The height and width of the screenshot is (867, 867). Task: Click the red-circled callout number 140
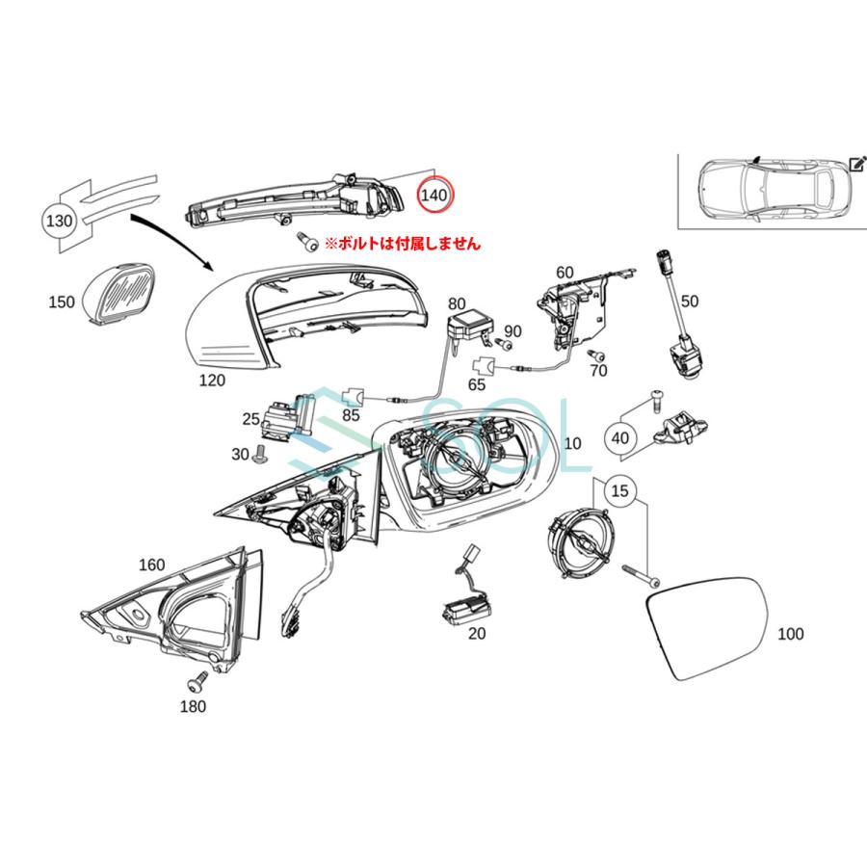click(433, 195)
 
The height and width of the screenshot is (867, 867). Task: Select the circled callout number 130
click(60, 221)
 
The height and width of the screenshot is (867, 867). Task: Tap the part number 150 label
click(61, 302)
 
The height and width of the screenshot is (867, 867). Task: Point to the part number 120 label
click(212, 381)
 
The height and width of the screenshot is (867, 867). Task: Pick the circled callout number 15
click(620, 491)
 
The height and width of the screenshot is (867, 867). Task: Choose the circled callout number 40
click(619, 438)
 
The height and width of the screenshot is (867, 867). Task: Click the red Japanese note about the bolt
click(402, 245)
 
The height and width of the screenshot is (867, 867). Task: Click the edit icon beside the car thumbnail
click(856, 164)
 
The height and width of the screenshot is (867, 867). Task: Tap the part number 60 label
click(565, 273)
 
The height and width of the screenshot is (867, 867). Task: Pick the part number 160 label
click(152, 565)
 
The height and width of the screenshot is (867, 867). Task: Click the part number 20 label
click(477, 634)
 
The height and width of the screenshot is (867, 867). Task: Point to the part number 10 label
click(572, 444)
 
